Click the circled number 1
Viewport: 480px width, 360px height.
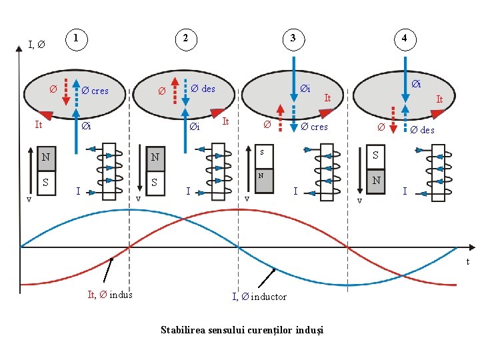point(78,39)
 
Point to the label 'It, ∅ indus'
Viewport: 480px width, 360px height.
point(110,295)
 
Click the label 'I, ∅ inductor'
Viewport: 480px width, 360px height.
point(259,297)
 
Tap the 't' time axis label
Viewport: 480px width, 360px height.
point(468,261)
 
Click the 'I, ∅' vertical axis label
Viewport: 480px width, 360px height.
point(37,45)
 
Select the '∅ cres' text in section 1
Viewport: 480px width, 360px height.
point(95,91)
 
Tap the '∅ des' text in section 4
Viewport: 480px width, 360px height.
point(422,130)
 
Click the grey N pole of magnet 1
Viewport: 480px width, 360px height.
point(46,158)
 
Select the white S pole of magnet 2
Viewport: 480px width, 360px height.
point(155,182)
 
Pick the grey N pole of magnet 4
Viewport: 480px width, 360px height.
point(377,181)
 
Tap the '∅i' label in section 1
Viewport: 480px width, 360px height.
point(86,126)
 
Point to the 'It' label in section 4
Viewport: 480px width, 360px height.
point(439,99)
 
